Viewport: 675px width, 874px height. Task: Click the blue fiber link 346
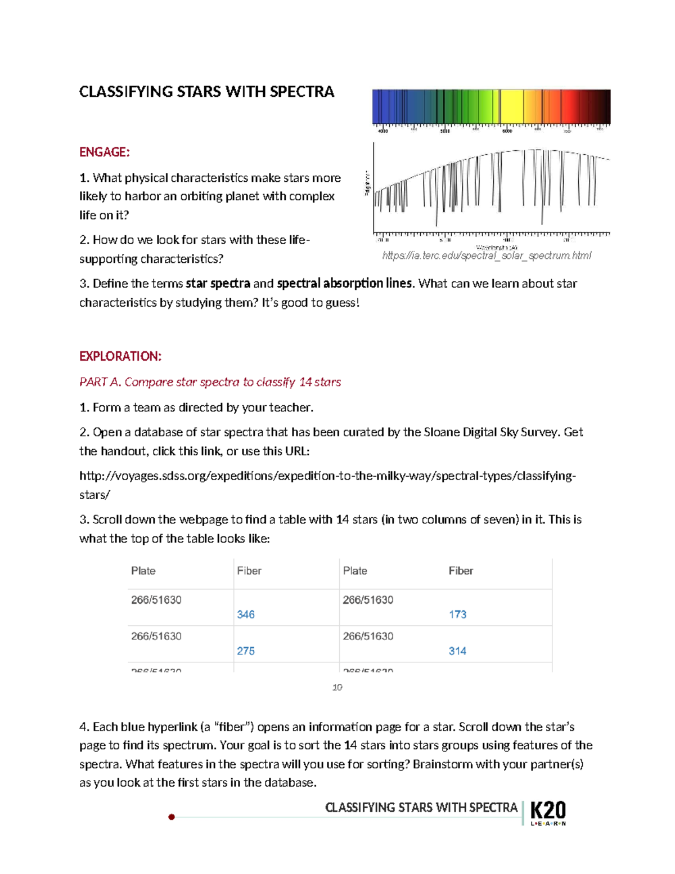[246, 615]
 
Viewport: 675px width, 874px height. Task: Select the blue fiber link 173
[457, 615]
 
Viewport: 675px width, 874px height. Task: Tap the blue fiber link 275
[246, 651]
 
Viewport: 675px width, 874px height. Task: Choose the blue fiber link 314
[457, 651]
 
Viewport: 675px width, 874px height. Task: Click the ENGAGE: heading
[105, 152]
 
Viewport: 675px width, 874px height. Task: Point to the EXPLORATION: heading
[120, 356]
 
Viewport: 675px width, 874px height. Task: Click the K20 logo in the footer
[548, 812]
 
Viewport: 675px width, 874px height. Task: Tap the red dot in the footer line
[172, 817]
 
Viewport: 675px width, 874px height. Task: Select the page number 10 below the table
[337, 687]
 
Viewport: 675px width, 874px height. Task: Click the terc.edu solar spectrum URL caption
[487, 256]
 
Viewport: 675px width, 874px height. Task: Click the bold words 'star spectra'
[218, 284]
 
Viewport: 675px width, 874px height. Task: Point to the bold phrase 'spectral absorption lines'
[345, 284]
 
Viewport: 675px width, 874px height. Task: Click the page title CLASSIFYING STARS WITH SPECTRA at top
[206, 92]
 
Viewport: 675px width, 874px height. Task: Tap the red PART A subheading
[210, 382]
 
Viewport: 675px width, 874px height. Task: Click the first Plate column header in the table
[143, 571]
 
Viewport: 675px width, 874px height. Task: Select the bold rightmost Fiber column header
[461, 571]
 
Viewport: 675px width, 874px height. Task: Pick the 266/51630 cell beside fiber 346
[156, 600]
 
